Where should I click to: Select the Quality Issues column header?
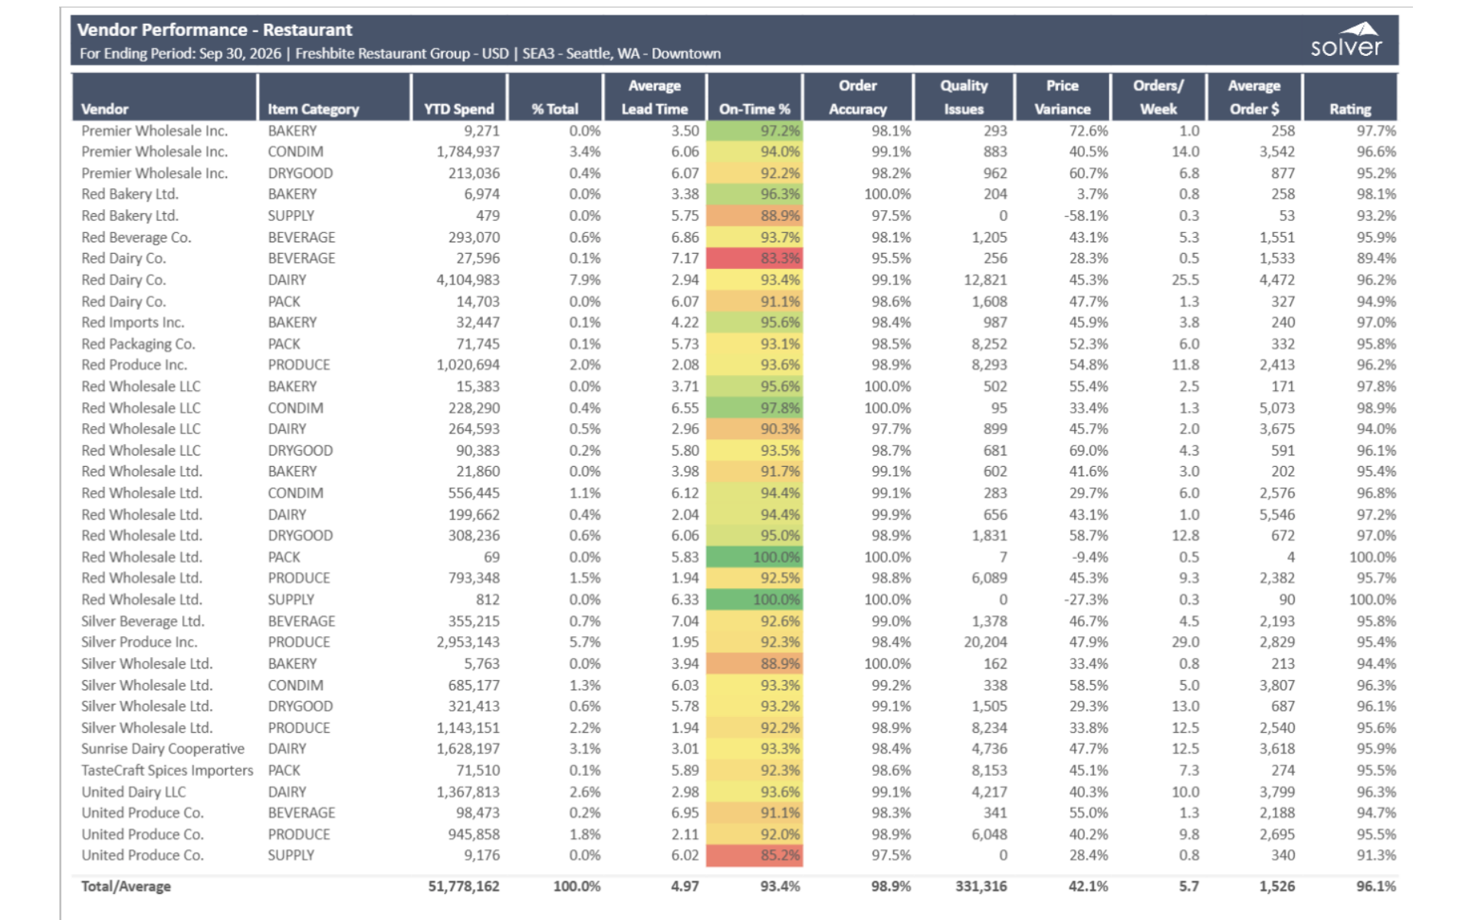pos(964,97)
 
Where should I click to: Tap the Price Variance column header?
pos(1062,97)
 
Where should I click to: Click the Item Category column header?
pos(313,110)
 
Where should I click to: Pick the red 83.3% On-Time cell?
pos(754,258)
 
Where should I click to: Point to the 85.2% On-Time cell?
pos(754,855)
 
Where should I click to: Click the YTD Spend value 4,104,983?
pos(468,280)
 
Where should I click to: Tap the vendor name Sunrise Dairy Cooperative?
pos(163,748)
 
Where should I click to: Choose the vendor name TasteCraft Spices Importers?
pos(167,770)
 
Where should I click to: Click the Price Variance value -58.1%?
pos(1086,215)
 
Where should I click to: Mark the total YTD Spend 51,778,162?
pos(463,886)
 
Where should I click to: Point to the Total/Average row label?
pos(126,886)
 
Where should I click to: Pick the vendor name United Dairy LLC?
pos(133,791)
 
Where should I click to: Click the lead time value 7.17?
pos(685,258)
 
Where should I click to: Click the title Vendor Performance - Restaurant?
pos(215,30)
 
